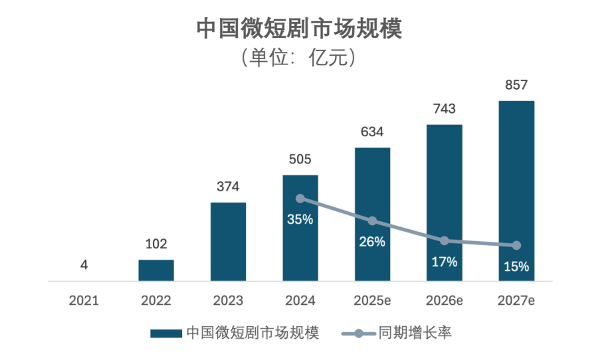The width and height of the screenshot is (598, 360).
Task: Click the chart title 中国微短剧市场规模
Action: click(299, 30)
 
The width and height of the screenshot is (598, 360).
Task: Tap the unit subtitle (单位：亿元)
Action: click(299, 58)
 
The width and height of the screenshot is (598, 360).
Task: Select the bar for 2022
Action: click(156, 270)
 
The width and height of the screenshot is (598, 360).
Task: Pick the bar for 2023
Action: click(228, 242)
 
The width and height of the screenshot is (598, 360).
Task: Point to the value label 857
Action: click(516, 85)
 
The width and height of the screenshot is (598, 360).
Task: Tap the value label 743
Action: click(444, 109)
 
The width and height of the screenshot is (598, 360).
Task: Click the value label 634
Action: click(372, 132)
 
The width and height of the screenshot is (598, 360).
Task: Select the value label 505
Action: click(300, 159)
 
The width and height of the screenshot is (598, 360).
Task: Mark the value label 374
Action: click(228, 187)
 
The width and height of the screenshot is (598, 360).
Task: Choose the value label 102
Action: click(156, 244)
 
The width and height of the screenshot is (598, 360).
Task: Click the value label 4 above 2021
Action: click(84, 265)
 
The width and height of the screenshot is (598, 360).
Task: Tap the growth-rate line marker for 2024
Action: click(300, 199)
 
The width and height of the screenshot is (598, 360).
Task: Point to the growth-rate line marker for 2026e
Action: click(444, 240)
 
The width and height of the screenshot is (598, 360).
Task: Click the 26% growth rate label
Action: click(372, 242)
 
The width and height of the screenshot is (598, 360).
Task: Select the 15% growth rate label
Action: click(516, 267)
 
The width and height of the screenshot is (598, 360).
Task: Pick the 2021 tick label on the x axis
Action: click(84, 301)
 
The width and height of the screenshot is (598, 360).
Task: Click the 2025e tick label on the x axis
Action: click(372, 301)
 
